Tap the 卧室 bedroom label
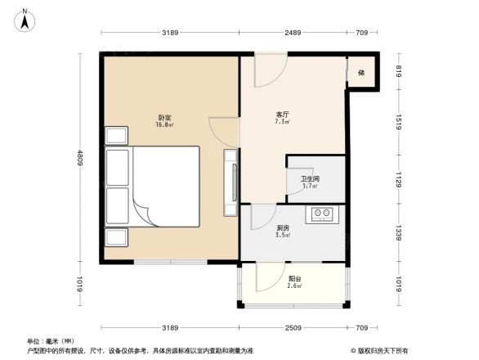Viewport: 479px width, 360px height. [164, 117]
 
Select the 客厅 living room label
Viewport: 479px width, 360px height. [284, 115]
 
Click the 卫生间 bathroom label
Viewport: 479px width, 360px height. [310, 179]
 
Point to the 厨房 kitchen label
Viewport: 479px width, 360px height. [283, 228]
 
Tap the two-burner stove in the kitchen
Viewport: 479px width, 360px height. [320, 215]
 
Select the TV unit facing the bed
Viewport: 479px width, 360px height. [231, 177]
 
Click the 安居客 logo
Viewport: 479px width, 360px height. [381, 350]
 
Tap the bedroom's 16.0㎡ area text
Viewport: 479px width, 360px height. [164, 125]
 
